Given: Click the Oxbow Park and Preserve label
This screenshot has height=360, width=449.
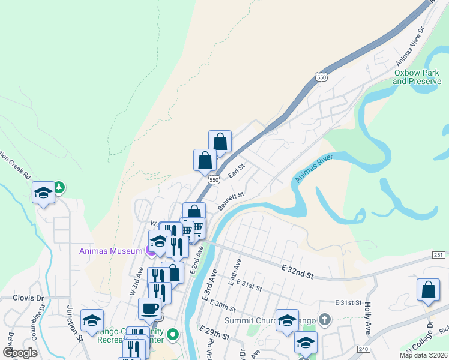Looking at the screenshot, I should pos(417,77).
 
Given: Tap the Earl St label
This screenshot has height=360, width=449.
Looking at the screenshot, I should pos(237,172).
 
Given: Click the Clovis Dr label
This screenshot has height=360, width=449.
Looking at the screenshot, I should pos(29,298).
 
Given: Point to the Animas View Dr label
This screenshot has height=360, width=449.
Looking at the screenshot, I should pos(410,45).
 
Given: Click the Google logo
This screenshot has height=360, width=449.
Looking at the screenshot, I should pos(19,353).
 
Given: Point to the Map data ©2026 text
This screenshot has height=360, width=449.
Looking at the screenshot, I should pos(423,355).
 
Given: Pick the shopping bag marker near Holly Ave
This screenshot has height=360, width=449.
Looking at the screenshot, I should pos(428,290).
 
